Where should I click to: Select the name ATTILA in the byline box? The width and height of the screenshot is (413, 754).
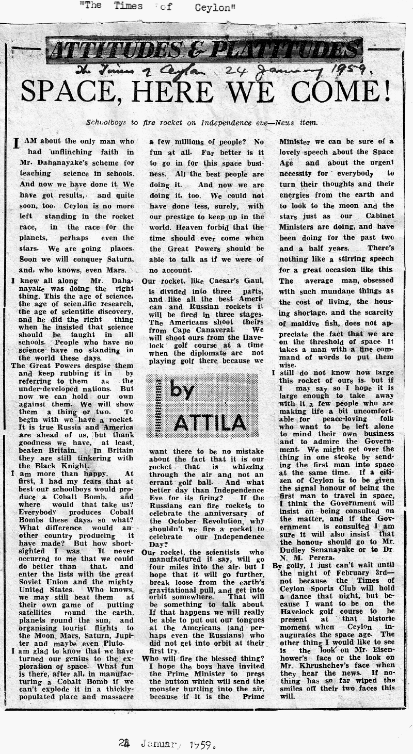pyautogui.click(x=209, y=423)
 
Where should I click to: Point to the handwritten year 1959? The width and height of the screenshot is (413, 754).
pyautogui.click(x=346, y=69)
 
